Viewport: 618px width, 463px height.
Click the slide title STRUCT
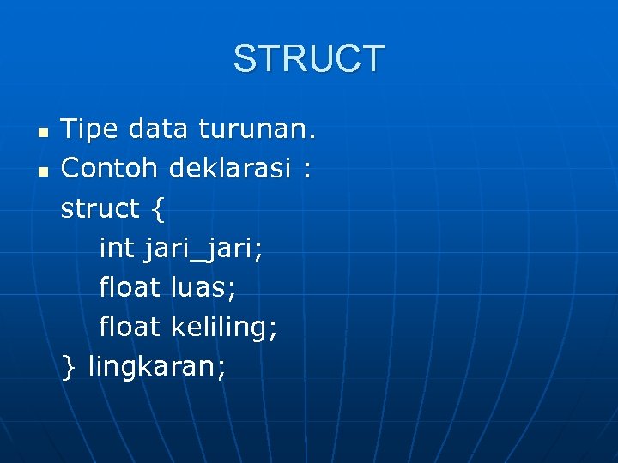coord(309,59)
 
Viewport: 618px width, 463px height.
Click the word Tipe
coord(90,129)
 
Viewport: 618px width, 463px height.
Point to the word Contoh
coord(110,169)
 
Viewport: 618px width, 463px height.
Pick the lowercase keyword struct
coord(100,208)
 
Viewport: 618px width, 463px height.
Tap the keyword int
coord(117,248)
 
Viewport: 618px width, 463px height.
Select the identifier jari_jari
coord(203,250)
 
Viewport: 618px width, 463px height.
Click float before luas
coord(130,287)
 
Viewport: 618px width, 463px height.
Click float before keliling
coord(130,327)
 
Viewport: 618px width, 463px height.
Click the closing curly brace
coord(69,367)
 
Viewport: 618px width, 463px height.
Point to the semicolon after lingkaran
coord(222,369)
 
